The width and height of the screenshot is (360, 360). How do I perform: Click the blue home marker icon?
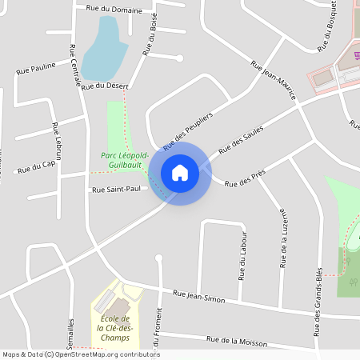pos(179,172)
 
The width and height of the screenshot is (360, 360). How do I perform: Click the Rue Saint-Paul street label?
pos(115,190)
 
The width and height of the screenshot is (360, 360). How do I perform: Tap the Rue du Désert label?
pos(105,86)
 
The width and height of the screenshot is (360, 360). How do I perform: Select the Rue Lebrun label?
pos(57,142)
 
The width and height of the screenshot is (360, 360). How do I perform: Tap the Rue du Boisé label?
pos(149,37)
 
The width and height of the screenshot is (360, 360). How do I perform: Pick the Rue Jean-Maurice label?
pos(274,80)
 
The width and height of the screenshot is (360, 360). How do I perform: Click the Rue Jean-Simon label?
pos(199,297)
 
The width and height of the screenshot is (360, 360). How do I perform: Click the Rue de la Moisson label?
pos(236,341)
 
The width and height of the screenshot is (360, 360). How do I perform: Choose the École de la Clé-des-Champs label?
pos(113,328)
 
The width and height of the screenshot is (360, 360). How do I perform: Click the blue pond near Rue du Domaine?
pos(105,48)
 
